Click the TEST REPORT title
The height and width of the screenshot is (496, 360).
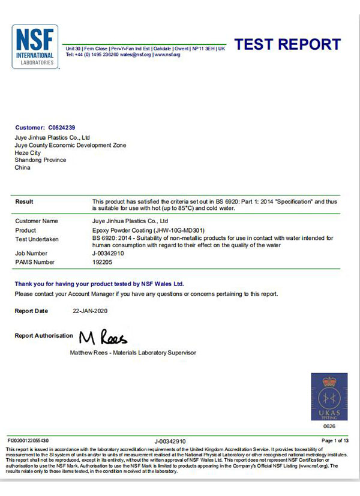pos(287,44)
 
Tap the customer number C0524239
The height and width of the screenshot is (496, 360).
pos(62,128)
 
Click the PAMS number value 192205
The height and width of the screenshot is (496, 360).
pos(102,262)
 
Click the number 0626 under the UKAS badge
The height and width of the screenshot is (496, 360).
pos(329,426)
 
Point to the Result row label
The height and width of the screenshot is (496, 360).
pos(24,202)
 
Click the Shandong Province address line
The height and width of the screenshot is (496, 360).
pos(40,160)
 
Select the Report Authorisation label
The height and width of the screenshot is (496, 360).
pos(43,336)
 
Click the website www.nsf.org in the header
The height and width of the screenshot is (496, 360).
pos(167,55)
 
